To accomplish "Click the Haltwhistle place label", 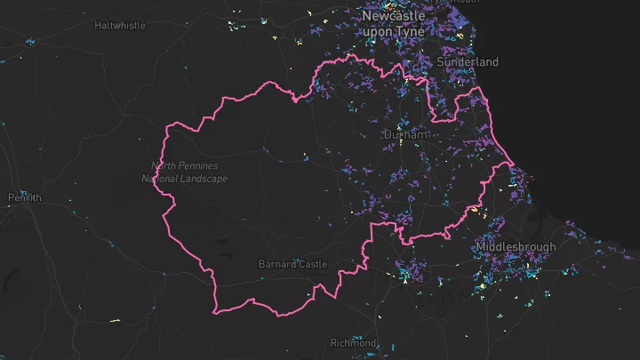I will coord(120,26).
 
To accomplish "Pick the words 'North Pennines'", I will coord(185,166).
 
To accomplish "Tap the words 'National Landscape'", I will coord(185,179).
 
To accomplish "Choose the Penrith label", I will coord(24,197).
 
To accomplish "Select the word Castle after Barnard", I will coord(312,264).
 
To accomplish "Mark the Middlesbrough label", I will coord(516,246).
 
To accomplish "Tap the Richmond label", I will coord(353,343).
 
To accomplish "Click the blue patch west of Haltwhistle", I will coord(29,41).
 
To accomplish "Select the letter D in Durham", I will coord(387,134).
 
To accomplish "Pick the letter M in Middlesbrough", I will coord(481,246).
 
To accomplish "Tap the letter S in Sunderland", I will coord(441,62).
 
